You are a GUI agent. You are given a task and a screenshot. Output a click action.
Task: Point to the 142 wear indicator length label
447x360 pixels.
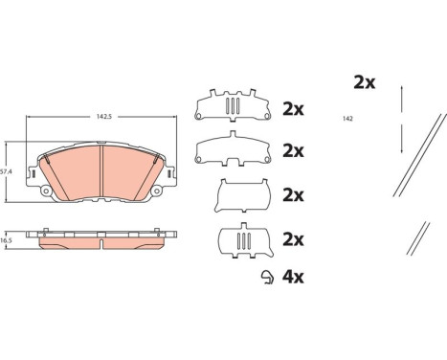coord(347,119)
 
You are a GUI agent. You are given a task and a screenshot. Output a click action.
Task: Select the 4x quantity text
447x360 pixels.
coord(293,277)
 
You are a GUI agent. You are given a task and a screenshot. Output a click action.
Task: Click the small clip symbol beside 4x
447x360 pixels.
coord(267,278)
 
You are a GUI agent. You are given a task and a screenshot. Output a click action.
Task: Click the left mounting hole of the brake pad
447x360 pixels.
coord(46,191)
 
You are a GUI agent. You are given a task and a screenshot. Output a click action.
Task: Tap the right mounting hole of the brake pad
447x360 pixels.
coord(156,191)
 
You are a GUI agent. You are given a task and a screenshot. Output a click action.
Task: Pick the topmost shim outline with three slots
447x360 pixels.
coord(233,105)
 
